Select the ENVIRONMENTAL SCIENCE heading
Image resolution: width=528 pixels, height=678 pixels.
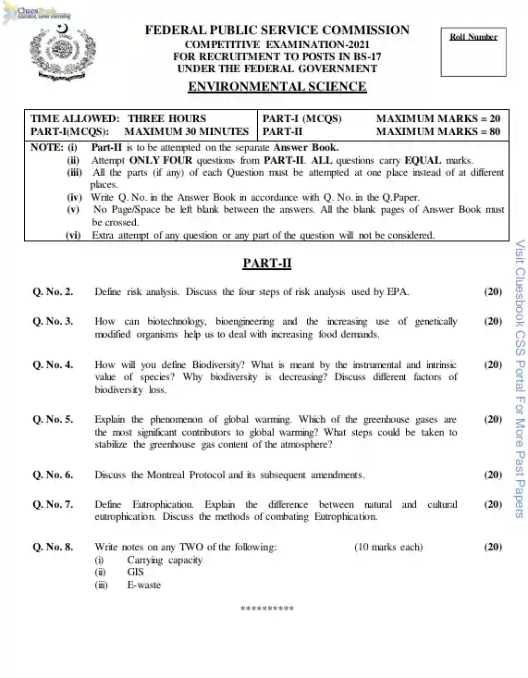[x=276, y=87]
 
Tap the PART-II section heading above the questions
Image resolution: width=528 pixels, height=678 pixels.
[x=267, y=264]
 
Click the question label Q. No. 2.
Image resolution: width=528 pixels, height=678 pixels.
[x=53, y=292]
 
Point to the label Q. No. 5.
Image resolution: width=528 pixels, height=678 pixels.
[x=53, y=419]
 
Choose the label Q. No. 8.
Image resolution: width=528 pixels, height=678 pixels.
[x=53, y=548]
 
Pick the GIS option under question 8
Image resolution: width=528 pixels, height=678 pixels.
[x=136, y=573]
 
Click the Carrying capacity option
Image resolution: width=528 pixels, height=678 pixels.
[x=165, y=560]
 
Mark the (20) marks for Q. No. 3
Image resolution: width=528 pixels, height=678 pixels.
[x=493, y=321]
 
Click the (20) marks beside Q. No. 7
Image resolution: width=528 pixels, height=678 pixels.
[x=493, y=504]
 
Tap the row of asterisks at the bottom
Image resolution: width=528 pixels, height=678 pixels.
[x=266, y=610]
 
